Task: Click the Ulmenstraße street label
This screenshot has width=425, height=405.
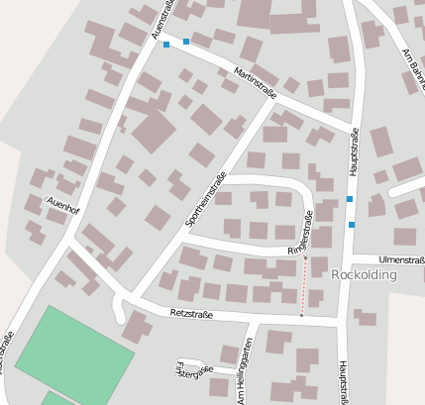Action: coord(400,258)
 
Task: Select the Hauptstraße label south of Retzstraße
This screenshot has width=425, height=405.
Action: coord(343,380)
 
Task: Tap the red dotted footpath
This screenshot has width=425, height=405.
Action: coord(303,287)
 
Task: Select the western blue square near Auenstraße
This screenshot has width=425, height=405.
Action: coord(166,45)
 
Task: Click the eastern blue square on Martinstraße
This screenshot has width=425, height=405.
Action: coord(186,42)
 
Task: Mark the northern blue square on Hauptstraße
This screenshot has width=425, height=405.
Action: coord(350,200)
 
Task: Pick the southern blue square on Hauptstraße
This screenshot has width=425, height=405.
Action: coord(352,225)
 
